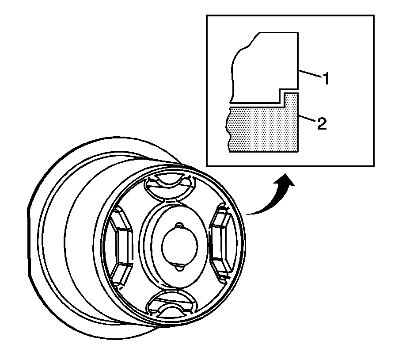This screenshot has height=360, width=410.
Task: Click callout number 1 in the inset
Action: tap(326, 80)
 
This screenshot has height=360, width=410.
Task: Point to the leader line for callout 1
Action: tap(310, 75)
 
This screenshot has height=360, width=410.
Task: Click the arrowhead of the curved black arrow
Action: tap(286, 179)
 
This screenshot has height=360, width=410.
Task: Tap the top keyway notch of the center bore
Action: tap(179, 226)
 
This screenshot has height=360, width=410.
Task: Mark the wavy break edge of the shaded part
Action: tap(229, 128)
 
